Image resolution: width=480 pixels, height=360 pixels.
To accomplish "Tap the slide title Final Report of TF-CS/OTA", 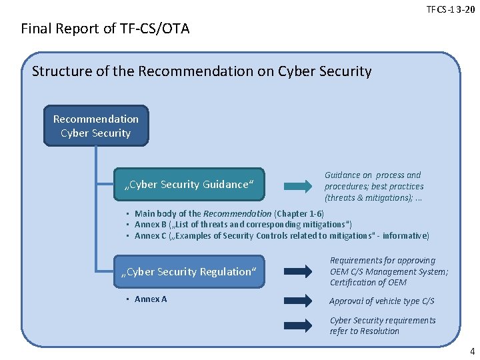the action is [x=105, y=29].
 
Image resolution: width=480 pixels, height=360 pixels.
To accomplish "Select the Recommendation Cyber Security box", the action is [x=96, y=125].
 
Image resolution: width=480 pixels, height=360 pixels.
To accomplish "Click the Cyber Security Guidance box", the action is [x=189, y=184].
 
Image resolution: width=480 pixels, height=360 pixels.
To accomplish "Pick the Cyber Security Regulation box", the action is [x=189, y=271].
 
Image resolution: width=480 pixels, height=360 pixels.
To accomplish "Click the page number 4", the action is [x=472, y=351].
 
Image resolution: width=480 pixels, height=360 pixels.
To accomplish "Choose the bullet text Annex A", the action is [x=151, y=299].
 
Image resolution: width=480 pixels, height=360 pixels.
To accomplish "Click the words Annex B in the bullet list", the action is [x=151, y=225].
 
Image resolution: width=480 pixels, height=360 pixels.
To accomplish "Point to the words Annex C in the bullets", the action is [x=151, y=235].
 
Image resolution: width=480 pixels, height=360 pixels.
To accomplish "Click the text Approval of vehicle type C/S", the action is [x=382, y=301].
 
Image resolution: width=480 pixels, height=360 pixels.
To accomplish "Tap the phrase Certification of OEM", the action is [x=368, y=283].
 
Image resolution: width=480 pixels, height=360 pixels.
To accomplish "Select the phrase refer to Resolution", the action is [x=365, y=331].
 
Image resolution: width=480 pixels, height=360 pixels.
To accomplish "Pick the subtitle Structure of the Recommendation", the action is [x=201, y=71].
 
